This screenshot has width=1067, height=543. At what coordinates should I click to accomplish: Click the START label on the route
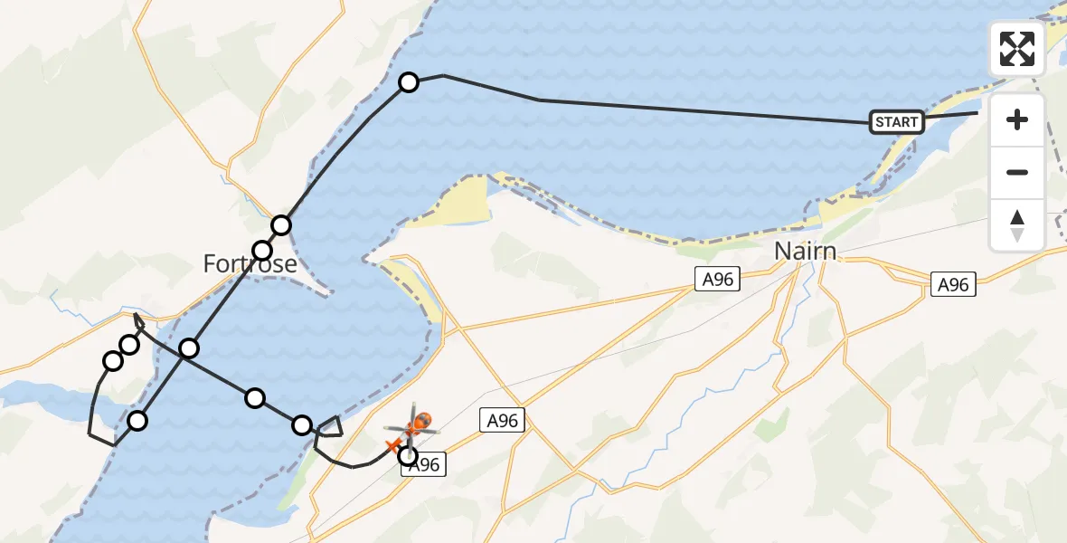click(x=896, y=122)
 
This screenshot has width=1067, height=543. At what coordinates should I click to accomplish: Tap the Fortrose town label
click(x=250, y=263)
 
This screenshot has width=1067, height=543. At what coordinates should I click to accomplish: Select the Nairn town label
click(x=806, y=251)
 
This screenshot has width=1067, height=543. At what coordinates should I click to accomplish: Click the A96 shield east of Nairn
click(x=952, y=285)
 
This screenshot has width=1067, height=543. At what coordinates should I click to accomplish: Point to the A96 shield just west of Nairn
click(x=718, y=281)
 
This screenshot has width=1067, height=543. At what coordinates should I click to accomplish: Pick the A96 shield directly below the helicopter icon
click(x=424, y=465)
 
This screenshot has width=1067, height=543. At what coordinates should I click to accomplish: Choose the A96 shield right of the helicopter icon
click(x=502, y=420)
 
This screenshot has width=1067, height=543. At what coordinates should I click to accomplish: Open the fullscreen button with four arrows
click(x=1017, y=49)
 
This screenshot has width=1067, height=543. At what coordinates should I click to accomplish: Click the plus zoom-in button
click(x=1017, y=119)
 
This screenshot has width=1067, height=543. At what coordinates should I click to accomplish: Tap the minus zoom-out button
click(x=1017, y=172)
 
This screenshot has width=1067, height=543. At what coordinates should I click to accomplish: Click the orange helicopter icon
click(x=417, y=423)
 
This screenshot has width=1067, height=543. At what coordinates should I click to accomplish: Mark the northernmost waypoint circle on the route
click(x=409, y=82)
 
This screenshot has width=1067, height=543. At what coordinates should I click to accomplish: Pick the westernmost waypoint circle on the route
click(x=113, y=361)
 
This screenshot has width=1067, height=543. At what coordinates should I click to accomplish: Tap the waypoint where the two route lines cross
click(x=189, y=348)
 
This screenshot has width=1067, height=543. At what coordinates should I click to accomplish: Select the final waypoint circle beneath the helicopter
click(x=408, y=455)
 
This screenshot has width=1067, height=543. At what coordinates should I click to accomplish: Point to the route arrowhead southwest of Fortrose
click(x=136, y=318)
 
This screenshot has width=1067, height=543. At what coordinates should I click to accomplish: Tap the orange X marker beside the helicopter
click(x=393, y=444)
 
